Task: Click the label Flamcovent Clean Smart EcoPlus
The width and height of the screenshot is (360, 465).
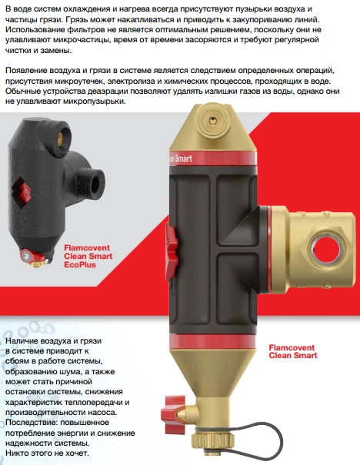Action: (88, 256)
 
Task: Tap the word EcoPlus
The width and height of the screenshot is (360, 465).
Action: (80, 264)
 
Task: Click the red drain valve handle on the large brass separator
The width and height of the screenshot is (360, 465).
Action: (172, 413)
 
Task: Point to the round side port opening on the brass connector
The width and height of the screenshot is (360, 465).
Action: (326, 249)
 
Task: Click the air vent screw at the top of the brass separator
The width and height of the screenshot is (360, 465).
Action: (212, 120)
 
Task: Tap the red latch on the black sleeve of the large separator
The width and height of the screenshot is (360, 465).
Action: (172, 251)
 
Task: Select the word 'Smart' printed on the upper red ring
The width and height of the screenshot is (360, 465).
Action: (183, 158)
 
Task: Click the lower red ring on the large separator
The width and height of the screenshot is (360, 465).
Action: (212, 341)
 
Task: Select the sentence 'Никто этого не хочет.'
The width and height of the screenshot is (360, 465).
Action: (47, 453)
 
